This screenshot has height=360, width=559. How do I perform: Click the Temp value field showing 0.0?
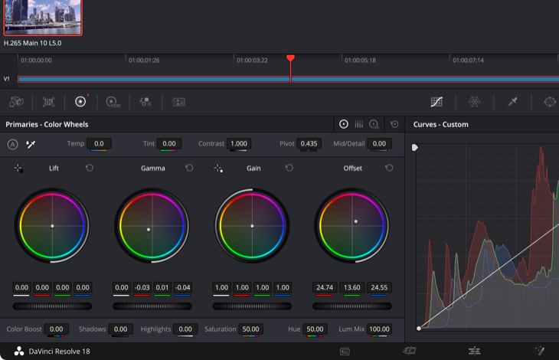pos(99,143)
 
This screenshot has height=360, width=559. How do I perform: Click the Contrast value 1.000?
pos(239,143)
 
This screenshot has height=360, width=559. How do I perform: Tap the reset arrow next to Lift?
pos(90,168)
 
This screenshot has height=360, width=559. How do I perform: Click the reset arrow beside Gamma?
pos(189,168)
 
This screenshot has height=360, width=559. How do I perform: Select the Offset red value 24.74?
pos(325,288)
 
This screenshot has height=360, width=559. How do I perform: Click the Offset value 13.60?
pos(352,288)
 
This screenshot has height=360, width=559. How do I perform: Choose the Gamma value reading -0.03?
pos(142,288)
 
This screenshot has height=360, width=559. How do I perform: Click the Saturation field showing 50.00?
pos(250,329)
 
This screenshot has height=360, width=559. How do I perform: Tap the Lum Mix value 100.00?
pos(379,329)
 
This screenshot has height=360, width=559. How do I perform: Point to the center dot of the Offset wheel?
pos(355,221)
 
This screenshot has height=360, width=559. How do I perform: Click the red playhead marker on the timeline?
pos(290,58)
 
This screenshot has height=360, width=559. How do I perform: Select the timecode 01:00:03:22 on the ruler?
pos(251,60)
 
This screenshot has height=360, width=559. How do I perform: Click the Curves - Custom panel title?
pos(441,124)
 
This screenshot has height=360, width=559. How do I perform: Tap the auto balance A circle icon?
pos(12,144)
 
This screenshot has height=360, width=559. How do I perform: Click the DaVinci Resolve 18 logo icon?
pos(18,351)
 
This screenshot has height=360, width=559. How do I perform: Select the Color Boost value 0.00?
pos(56,329)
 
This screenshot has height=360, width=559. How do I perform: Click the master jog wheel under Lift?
pos(52,306)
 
